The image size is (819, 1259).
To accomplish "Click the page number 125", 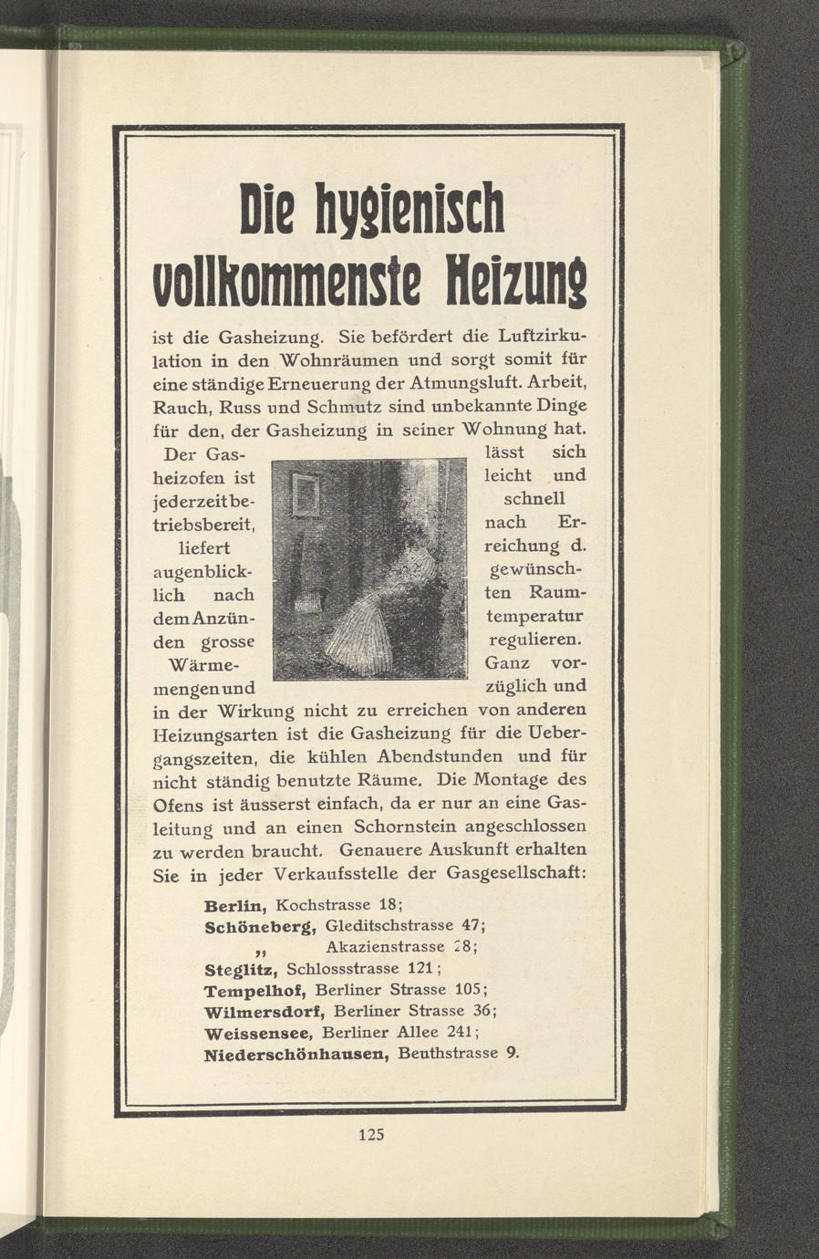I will point(372,1135).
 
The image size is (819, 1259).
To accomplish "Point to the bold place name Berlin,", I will point(235,907).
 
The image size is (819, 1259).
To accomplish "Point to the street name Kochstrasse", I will point(322,906).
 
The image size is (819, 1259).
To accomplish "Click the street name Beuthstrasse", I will point(448,1054).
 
